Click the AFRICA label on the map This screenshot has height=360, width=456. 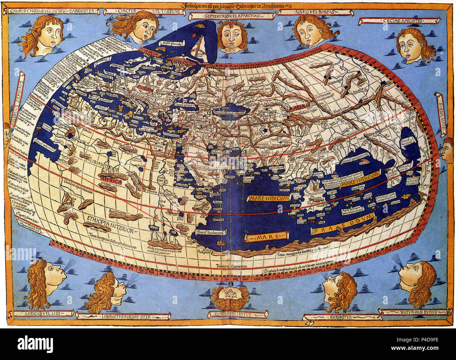pos(112,182)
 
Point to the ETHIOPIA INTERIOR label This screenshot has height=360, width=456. pos(109,224)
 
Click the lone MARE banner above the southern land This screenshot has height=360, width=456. pos(267,238)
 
